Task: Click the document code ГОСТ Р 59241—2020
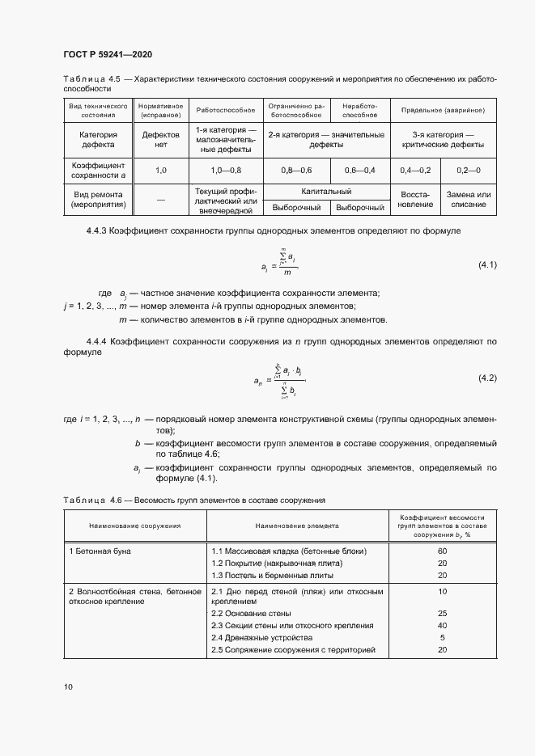(107, 54)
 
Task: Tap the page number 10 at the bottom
(68, 687)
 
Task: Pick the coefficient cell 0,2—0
(468, 171)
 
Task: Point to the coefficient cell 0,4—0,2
(415, 171)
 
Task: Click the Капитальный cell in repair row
(326, 192)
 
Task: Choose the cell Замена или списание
(468, 200)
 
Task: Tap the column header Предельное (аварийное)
(442, 109)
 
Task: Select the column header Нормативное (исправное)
(160, 110)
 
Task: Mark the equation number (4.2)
(483, 378)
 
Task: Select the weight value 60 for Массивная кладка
(442, 551)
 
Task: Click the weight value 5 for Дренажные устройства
(442, 637)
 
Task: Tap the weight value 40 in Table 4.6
(442, 625)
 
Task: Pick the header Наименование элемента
(296, 526)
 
